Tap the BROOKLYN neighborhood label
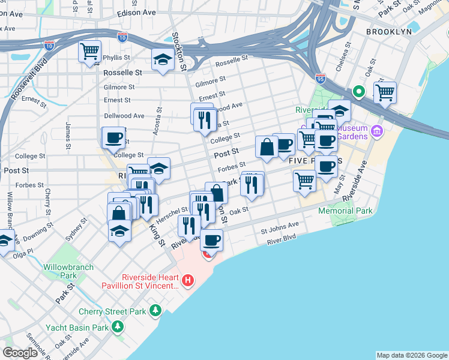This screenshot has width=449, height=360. pyautogui.click(x=389, y=31)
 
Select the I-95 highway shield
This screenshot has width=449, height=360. pyautogui.click(x=321, y=78)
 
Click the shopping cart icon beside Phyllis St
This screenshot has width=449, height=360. pyautogui.click(x=89, y=52)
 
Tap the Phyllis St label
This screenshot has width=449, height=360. pyautogui.click(x=116, y=58)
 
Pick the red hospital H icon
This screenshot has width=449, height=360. pyautogui.click(x=188, y=280)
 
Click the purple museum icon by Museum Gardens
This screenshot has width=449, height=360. pyautogui.click(x=376, y=130)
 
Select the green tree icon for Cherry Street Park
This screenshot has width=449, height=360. pyautogui.click(x=155, y=310)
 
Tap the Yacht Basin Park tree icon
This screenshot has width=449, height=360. pyautogui.click(x=118, y=327)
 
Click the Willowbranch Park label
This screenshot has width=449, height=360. pyautogui.click(x=60, y=271)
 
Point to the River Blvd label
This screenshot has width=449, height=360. pyautogui.click(x=282, y=237)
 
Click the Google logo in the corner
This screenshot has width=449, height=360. pyautogui.click(x=20, y=353)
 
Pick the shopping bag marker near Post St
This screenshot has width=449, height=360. pyautogui.click(x=266, y=147)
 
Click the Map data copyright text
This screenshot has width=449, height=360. pyautogui.click(x=411, y=355)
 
